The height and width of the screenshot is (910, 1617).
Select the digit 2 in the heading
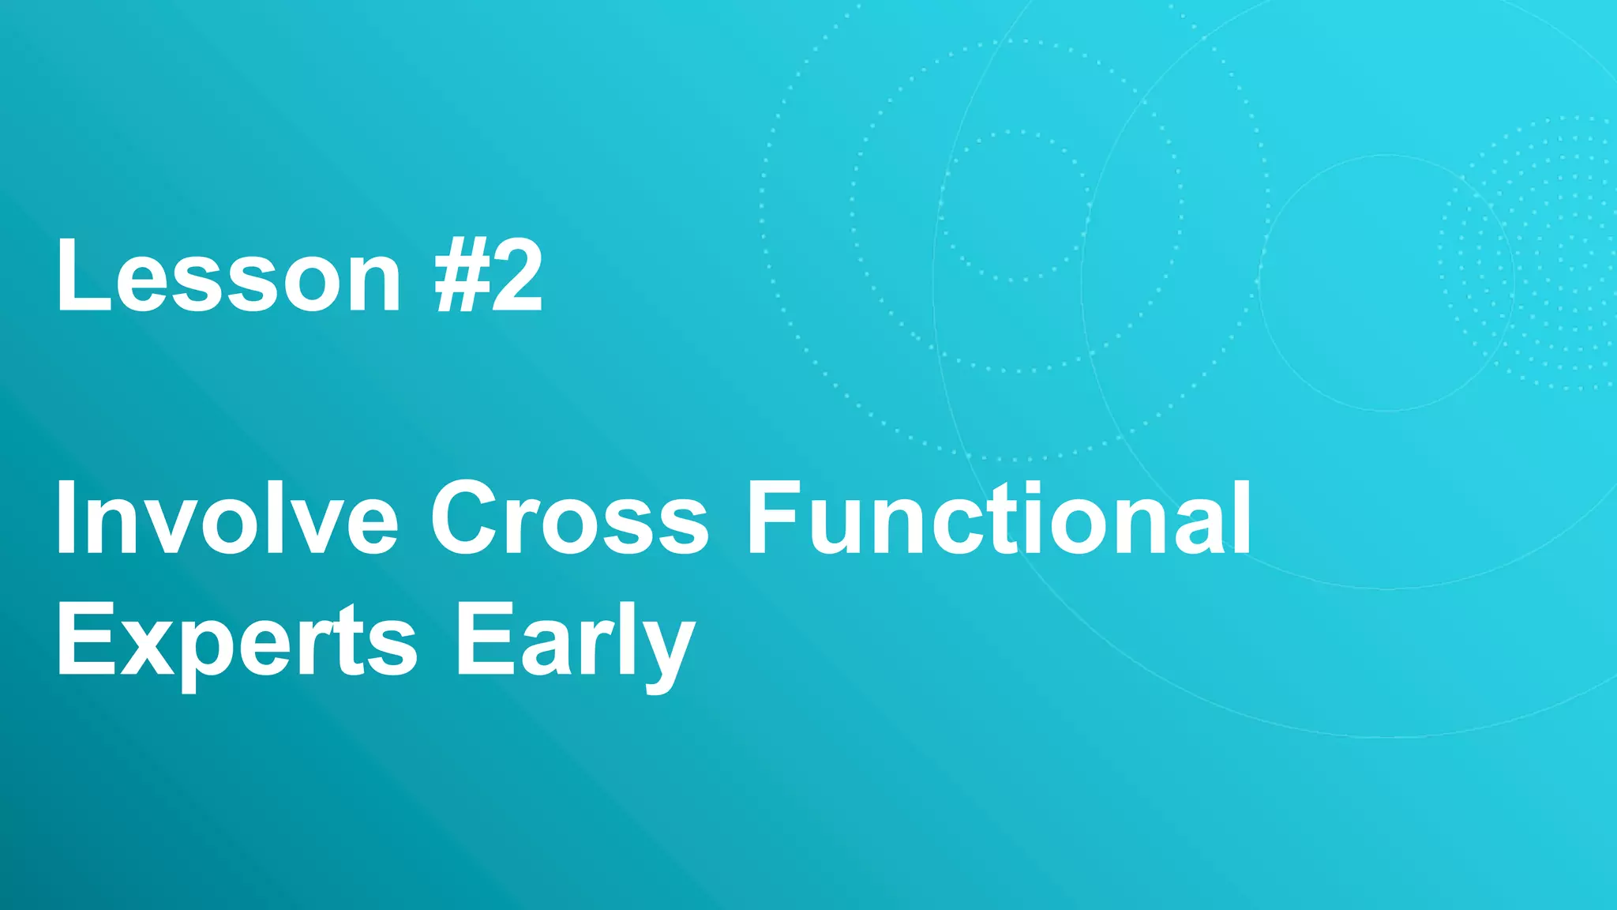pos(516,276)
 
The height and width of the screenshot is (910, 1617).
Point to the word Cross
pos(569,519)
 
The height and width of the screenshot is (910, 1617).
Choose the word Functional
pos(999,519)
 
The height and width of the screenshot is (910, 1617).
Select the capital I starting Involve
pos(65,519)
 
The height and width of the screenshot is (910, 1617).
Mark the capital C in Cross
pos(467,519)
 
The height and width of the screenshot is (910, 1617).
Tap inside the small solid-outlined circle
pos(1386,283)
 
